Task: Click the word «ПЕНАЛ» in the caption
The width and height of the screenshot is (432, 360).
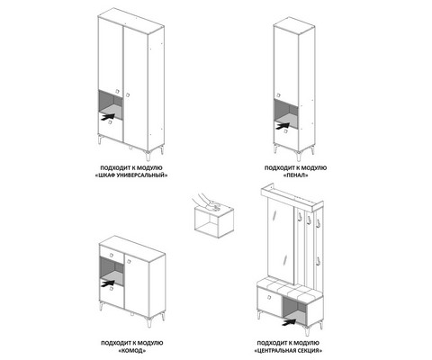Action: [x=295, y=175]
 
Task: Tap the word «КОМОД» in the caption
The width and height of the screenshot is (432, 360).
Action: [x=132, y=350]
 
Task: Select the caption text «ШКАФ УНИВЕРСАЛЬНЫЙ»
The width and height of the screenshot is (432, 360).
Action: [x=131, y=175]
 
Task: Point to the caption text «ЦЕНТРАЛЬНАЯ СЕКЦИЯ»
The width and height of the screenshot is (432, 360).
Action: [x=288, y=350]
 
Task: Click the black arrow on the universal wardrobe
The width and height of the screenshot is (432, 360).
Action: [x=108, y=116]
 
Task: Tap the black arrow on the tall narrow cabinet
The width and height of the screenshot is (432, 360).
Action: [x=283, y=125]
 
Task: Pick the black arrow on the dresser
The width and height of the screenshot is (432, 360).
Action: [x=108, y=283]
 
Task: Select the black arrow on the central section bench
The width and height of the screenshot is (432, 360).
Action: [x=289, y=322]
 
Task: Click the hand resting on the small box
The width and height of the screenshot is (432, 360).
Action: [x=207, y=201]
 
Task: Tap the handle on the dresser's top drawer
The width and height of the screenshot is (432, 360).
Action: [x=112, y=255]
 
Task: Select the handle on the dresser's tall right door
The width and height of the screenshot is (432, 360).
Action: [x=130, y=261]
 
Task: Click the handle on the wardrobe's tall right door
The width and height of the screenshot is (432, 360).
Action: [x=128, y=94]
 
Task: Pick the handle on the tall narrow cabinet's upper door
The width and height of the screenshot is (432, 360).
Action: [x=279, y=94]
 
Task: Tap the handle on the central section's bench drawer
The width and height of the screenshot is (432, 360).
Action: [x=269, y=297]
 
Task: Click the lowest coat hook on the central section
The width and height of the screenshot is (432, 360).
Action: [x=319, y=261]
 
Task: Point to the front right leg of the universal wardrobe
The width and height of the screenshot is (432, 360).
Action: [x=148, y=155]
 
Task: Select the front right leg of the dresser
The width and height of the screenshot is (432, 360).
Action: [x=148, y=321]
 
